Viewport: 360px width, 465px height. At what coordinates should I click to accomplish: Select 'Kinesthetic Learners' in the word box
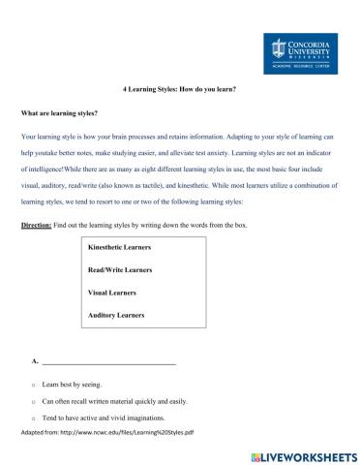pos(119,248)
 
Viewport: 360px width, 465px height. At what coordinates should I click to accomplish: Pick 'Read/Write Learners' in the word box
pos(118,270)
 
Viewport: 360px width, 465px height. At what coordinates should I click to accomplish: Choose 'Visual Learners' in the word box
pos(111,293)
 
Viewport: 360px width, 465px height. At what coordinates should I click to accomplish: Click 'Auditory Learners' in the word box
pos(115,315)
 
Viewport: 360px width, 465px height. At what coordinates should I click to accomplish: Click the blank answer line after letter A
pos(108,361)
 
